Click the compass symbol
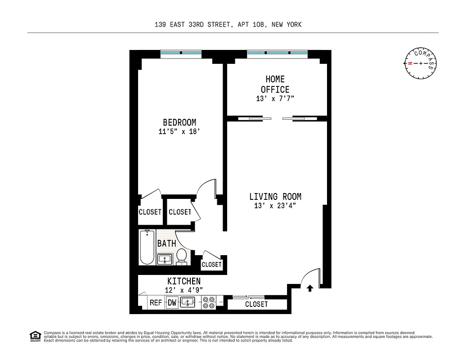pos(421,63)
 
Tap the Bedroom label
pos(179,122)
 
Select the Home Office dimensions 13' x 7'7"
pos(275,99)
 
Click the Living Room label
pos(275,197)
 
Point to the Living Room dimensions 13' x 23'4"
pos(275,206)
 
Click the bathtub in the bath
pos(147,247)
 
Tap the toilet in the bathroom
pos(182,256)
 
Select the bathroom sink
pos(165,260)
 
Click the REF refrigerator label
pos(156,303)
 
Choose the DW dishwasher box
pos(172,303)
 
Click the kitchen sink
pos(188,302)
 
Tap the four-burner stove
pos(208,302)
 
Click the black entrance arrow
pos(309,288)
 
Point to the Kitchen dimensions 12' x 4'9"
pos(184,290)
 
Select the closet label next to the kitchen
pos(256,304)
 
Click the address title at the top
pos(228,25)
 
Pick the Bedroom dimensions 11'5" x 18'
pos(179,132)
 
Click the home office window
pos(277,53)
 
